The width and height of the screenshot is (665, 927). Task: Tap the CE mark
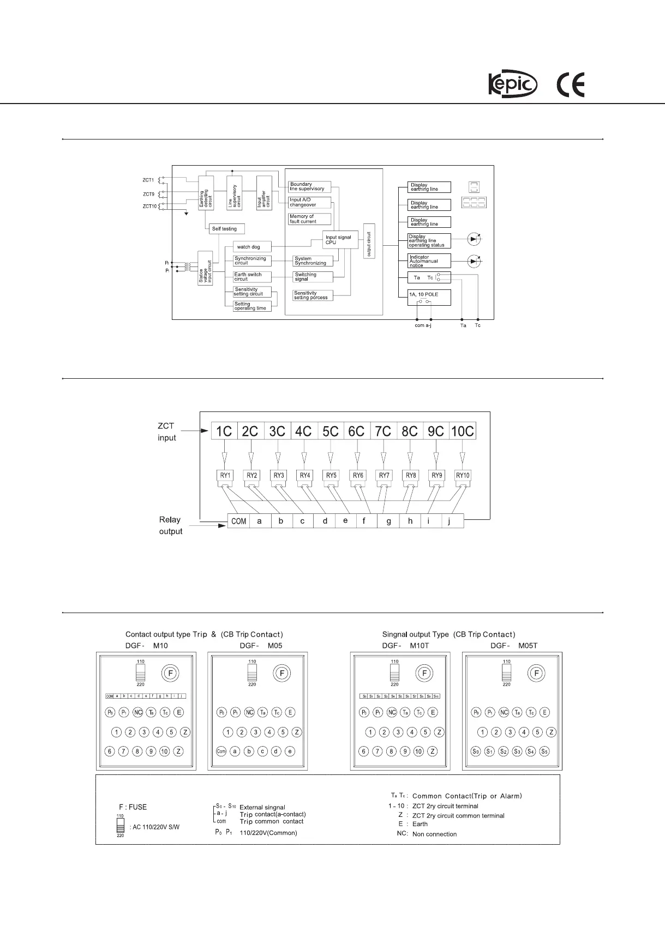570,86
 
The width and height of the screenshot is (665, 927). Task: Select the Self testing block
226,229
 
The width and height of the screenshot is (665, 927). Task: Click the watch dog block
251,247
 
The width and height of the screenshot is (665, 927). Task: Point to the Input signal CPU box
341,240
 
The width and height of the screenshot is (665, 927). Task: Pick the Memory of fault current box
309,219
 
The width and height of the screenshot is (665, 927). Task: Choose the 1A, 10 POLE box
429,298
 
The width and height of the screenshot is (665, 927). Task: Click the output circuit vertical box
369,241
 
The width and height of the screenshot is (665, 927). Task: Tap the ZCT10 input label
149,207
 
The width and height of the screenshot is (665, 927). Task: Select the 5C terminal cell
330,431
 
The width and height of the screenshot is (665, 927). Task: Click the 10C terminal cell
462,431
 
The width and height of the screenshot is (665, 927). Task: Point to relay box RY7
384,476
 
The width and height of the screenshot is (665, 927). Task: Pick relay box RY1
225,476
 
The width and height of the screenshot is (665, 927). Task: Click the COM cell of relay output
238,521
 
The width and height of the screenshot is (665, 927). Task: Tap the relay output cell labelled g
388,521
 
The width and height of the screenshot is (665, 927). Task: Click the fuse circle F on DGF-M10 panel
170,674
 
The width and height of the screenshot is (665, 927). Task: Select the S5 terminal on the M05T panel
544,751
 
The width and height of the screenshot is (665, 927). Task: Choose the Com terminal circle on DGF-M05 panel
221,751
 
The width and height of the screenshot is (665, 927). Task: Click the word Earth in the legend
420,824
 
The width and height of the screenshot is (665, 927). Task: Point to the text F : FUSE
133,807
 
